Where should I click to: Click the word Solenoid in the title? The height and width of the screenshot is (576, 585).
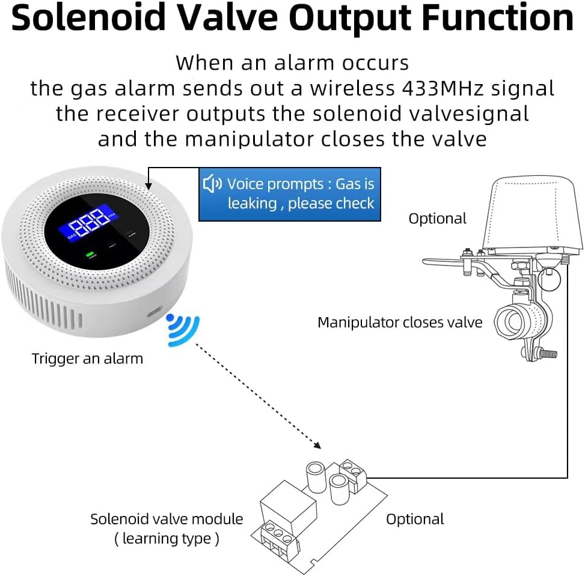88,18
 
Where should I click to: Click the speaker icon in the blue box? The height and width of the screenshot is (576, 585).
212,183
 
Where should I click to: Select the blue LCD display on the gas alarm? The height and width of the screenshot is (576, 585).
88,223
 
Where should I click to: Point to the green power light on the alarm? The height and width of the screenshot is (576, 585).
90,254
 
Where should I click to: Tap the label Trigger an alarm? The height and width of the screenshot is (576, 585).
87,359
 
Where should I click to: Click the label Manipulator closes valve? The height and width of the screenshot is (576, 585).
400,323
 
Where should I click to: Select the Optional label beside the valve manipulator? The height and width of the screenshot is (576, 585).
437,219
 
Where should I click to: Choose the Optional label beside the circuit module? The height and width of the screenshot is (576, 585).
415,519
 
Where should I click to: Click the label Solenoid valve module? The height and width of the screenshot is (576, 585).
167,519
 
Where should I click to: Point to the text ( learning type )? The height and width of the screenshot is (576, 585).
167,539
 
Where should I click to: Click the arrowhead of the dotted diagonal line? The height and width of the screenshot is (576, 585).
317,445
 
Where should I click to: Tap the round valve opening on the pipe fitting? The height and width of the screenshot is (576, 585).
511,321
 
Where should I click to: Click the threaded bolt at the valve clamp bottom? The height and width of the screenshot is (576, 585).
547,353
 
